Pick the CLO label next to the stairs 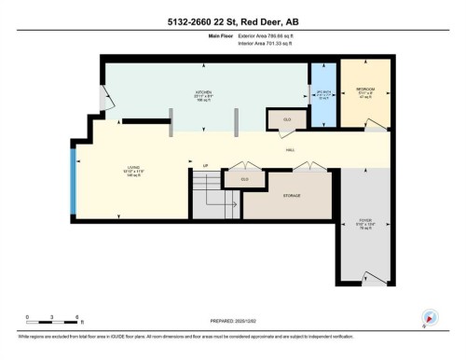244,178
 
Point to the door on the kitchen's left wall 105,93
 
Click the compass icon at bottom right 429,316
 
